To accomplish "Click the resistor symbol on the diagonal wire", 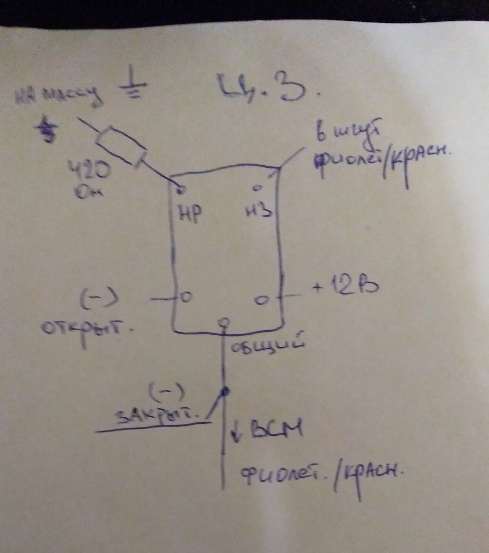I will click(121, 147).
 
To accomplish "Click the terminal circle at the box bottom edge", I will click(223, 323).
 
